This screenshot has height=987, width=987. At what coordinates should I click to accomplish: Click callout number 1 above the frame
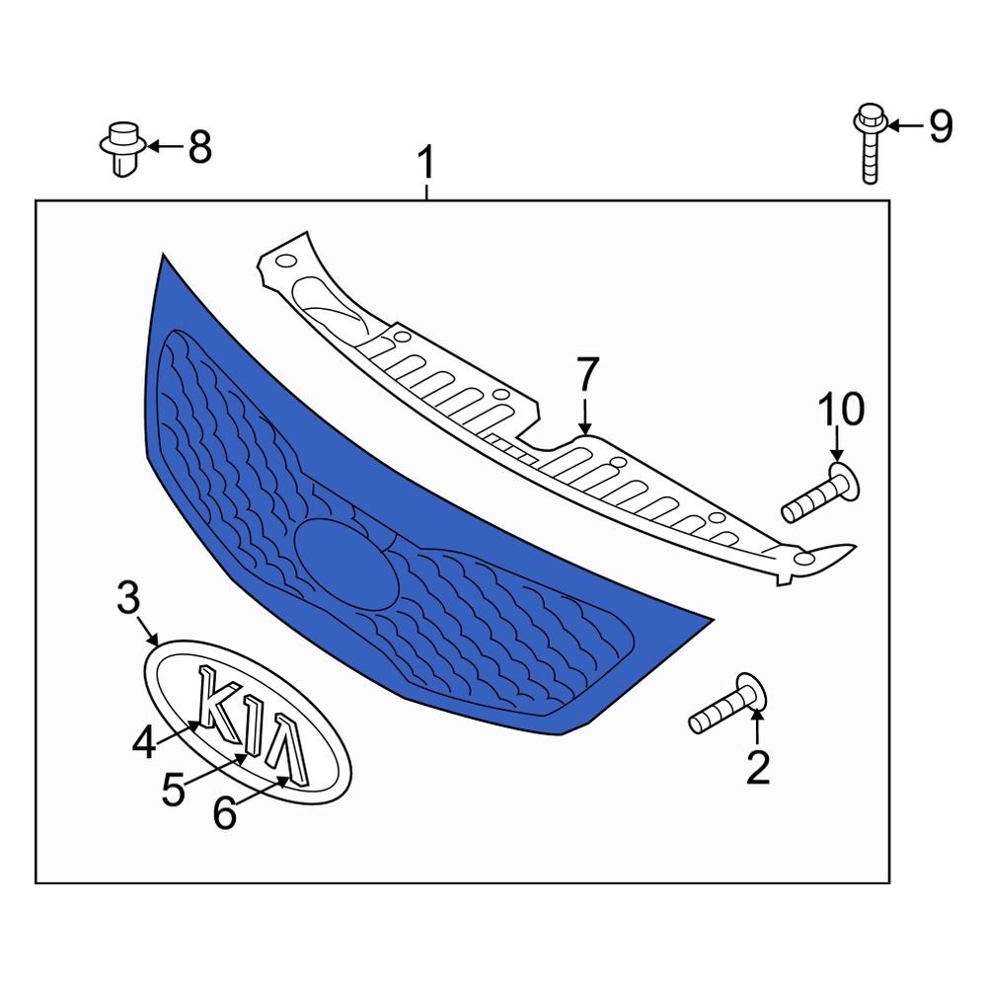tap(426, 163)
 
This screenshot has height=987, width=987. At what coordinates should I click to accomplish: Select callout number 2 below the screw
tap(758, 767)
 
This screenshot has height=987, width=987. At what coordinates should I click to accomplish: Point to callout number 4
tap(144, 741)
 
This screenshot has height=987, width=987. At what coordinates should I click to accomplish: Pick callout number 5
tap(174, 790)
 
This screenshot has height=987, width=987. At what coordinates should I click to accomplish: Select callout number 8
tap(200, 147)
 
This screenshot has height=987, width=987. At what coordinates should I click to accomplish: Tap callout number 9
tap(941, 126)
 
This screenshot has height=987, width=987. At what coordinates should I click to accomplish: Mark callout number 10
tap(842, 409)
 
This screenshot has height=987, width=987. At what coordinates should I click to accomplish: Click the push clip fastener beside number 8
tap(123, 149)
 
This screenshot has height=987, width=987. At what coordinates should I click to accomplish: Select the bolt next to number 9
tap(870, 143)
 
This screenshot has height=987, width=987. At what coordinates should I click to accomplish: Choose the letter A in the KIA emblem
tap(287, 750)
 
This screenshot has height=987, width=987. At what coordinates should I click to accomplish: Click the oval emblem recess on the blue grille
tap(345, 565)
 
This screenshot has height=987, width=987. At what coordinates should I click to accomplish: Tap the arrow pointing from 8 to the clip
tap(165, 147)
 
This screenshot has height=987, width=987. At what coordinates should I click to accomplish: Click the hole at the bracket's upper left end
tap(286, 261)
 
